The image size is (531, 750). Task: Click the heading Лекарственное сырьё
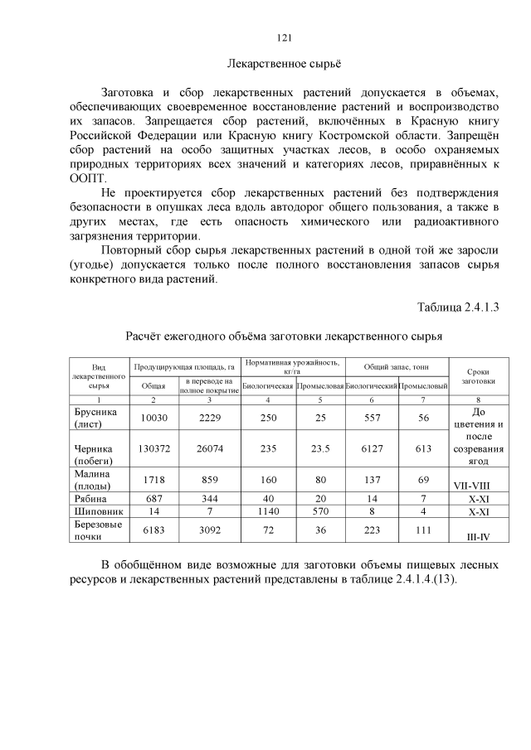coord(284,64)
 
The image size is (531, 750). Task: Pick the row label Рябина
coord(92,499)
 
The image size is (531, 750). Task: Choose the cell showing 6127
coord(371,448)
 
